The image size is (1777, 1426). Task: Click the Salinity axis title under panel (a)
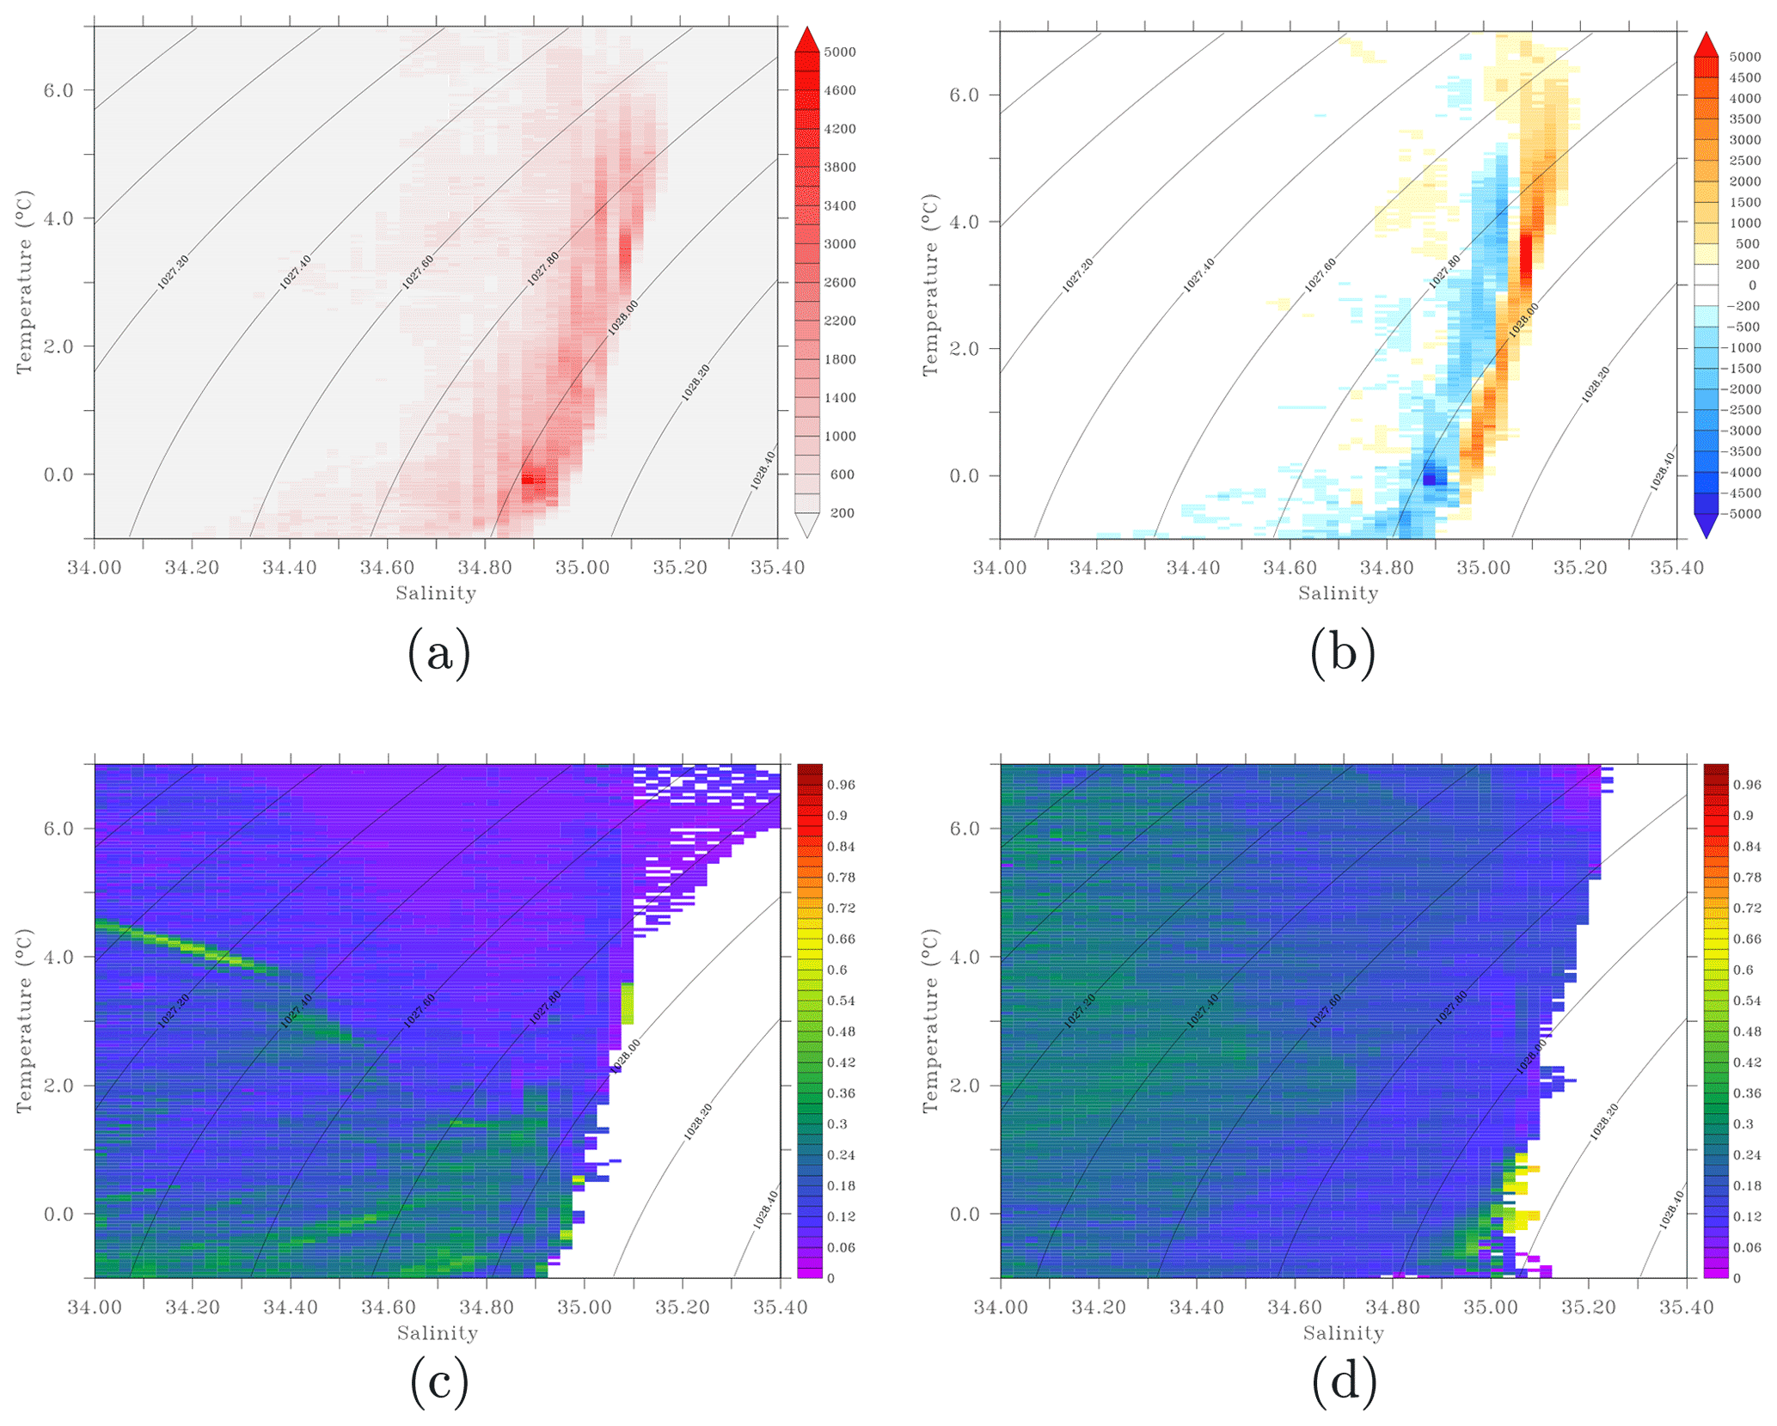coord(436,593)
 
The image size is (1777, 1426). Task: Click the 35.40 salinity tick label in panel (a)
coord(777,567)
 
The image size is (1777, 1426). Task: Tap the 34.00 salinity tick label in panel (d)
coord(1000,1308)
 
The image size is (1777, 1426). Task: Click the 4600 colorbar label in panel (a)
coord(840,90)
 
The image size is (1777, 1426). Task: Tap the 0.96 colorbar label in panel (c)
coord(841,785)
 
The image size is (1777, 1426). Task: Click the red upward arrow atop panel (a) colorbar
coord(806,40)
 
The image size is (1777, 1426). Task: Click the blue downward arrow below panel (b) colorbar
coord(1706,525)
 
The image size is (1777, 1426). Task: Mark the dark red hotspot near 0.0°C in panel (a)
coord(533,480)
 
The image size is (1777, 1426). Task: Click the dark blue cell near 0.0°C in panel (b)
coord(1430,478)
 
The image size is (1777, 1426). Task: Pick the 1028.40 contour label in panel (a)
coord(763,469)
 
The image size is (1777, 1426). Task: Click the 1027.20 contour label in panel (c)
coord(174,1010)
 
